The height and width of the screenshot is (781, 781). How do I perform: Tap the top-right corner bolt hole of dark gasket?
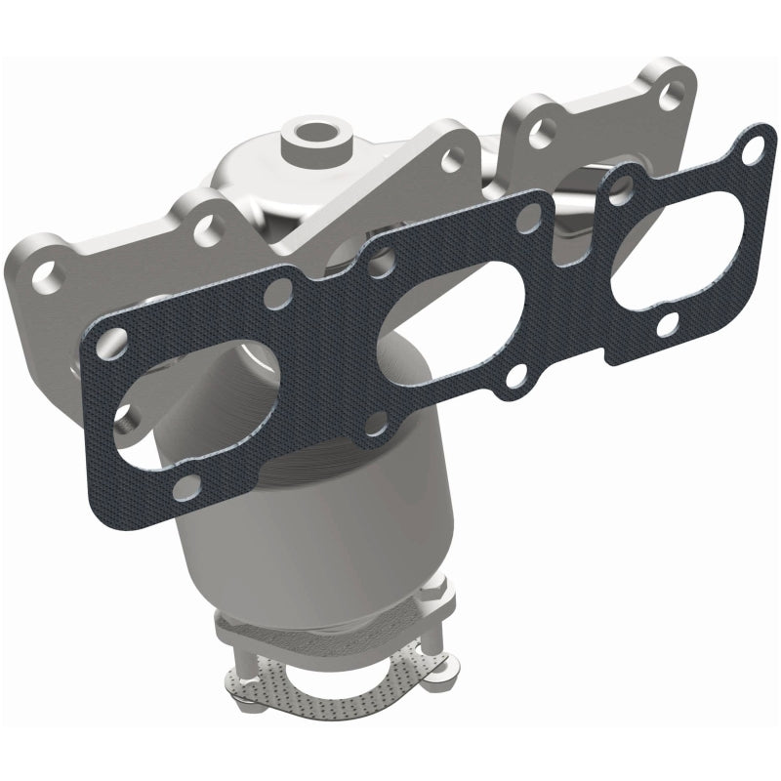pyautogui.click(x=747, y=150)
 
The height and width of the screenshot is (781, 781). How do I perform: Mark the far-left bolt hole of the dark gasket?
pyautogui.click(x=111, y=341)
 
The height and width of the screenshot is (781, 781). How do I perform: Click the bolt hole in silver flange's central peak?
pyautogui.click(x=452, y=154)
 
